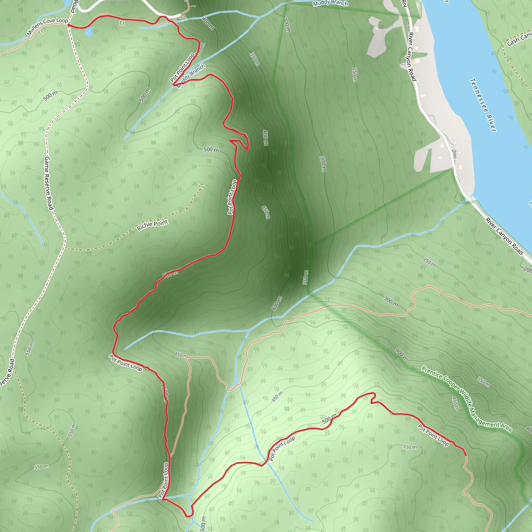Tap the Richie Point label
pyautogui.click(x=152, y=225)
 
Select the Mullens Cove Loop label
pyautogui.click(x=47, y=26)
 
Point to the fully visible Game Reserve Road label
pyautogui.click(x=49, y=183)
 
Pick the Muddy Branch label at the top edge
pyautogui.click(x=330, y=3)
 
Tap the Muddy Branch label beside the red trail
pyautogui.click(x=191, y=76)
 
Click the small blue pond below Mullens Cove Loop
pyautogui.click(x=89, y=33)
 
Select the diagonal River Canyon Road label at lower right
pyautogui.click(x=504, y=236)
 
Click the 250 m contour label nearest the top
pyautogui.click(x=354, y=75)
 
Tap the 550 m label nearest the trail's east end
pyautogui.click(x=410, y=447)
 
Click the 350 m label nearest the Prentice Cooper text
pyautogui.click(x=483, y=382)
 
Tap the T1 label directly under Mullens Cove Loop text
pyautogui.click(x=41, y=32)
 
